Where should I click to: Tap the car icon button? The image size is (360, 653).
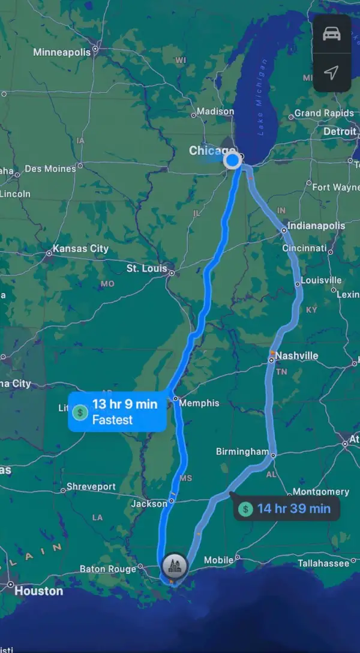331,34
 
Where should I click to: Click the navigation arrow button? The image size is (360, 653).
331,73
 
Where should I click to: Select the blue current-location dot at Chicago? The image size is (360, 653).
232,160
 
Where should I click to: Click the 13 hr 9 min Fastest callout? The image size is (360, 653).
117,412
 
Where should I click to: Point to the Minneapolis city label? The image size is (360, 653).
62,52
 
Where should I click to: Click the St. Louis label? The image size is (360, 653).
146,268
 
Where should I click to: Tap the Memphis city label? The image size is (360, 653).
199,403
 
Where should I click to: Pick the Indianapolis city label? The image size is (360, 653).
316,226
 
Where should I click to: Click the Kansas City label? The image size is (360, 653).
80,248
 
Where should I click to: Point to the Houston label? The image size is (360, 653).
38,591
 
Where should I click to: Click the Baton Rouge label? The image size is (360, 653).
108,569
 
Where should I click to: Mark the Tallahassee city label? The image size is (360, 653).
323,563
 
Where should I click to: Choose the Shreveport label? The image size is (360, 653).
91,486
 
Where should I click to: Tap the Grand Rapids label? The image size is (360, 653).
324,113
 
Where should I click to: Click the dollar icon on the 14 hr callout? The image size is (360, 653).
245,510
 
